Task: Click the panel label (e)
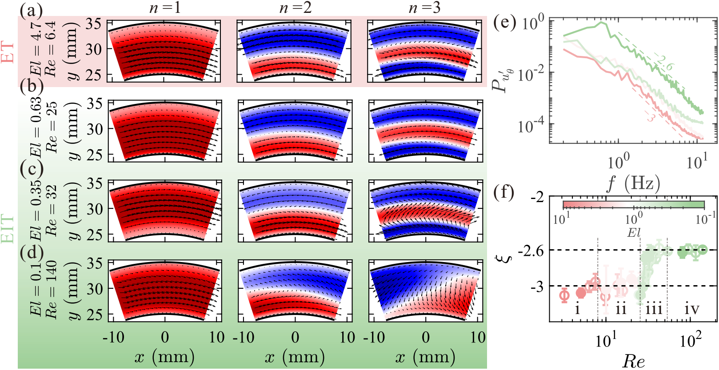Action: click(505, 22)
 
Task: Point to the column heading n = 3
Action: click(425, 8)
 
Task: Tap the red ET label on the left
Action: click(8, 52)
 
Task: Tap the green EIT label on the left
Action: click(8, 229)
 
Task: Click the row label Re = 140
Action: click(52, 290)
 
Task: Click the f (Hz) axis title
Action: click(634, 183)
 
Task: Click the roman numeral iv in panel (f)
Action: click(691, 308)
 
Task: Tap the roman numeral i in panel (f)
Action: click(577, 308)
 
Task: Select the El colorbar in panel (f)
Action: click(634, 205)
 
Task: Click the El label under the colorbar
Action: click(634, 232)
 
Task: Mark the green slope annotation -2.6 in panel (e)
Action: click(665, 63)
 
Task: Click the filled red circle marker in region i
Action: click(581, 293)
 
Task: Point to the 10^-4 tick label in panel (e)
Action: click(531, 127)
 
